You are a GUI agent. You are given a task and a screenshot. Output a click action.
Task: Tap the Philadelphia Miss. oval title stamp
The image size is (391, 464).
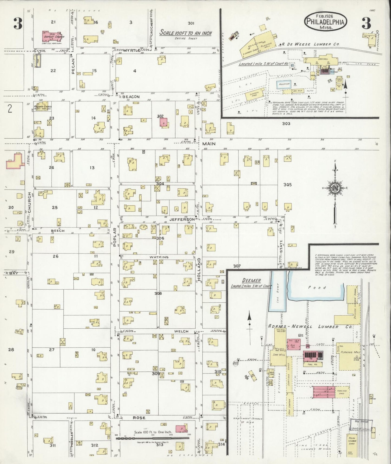pyautogui.click(x=326, y=21)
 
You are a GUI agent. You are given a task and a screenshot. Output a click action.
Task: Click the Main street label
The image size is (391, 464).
pyautogui.click(x=209, y=144)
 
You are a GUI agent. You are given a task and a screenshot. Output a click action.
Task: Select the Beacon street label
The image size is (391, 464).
pyautogui.click(x=131, y=97)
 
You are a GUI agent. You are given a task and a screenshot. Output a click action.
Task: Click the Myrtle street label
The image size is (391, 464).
pyautogui.click(x=132, y=51)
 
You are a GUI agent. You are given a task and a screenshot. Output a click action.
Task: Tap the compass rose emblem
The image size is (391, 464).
pyautogui.click(x=335, y=189)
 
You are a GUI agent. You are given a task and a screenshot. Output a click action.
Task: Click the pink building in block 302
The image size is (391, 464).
pyautogui.click(x=163, y=122)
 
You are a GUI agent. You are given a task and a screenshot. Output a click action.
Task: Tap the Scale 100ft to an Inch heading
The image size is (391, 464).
pyautogui.click(x=185, y=33)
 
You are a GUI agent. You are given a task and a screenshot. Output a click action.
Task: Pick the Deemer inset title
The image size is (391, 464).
pyautogui.click(x=244, y=280)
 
